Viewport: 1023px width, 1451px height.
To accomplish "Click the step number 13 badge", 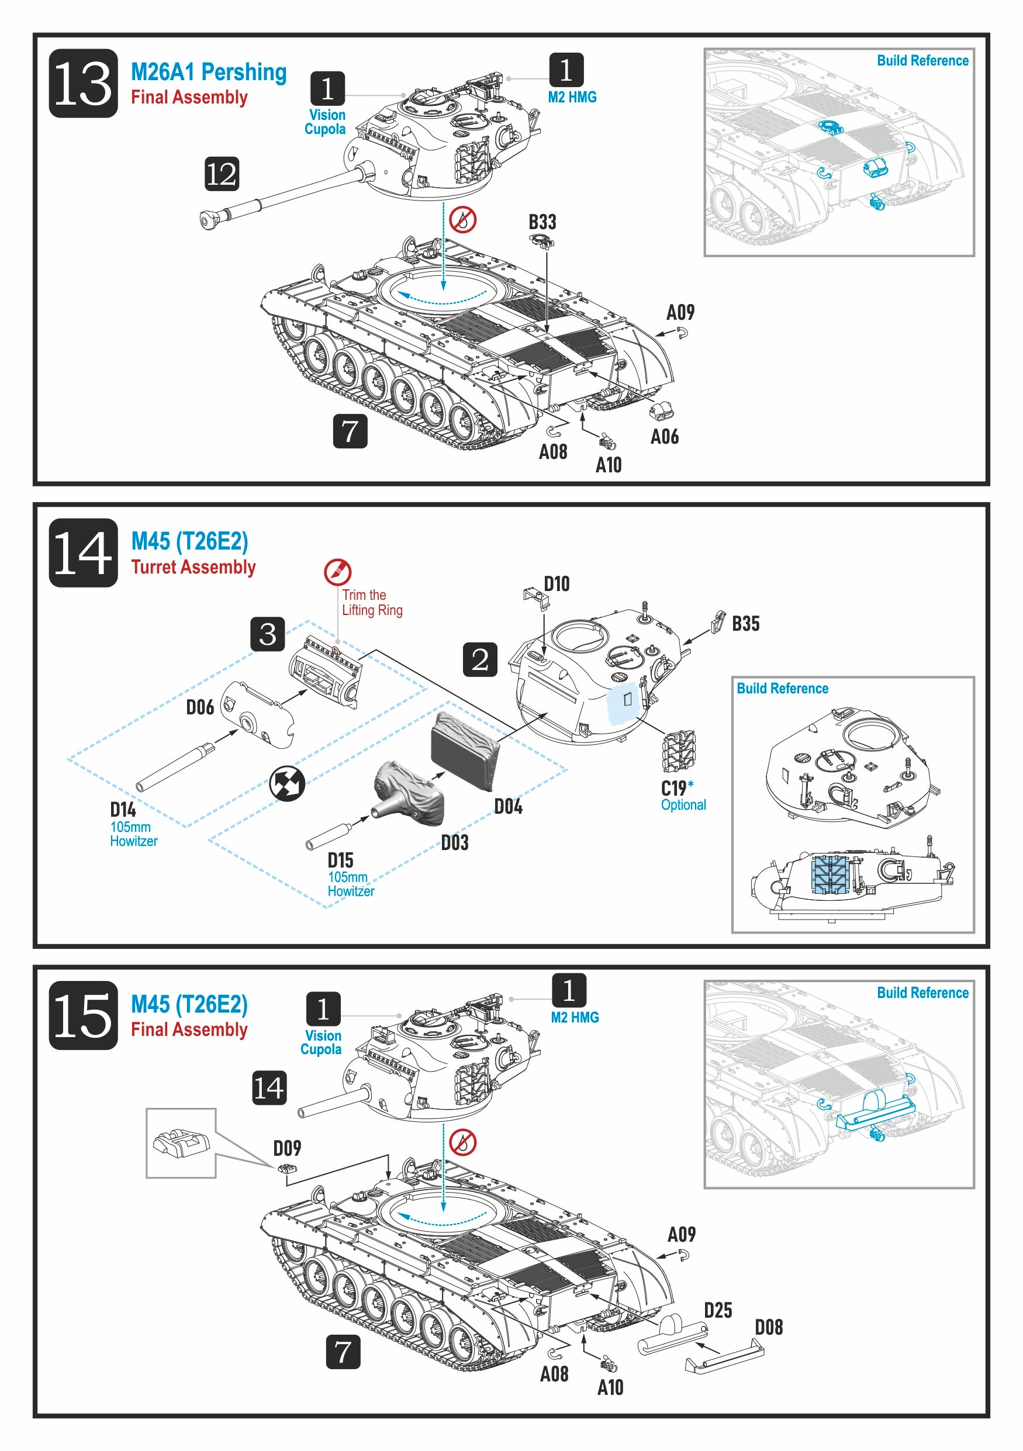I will tap(84, 84).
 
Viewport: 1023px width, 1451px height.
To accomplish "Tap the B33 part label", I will tap(542, 223).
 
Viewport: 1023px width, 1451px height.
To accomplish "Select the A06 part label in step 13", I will tap(664, 437).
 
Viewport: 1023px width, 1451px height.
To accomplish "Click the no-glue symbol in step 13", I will tap(463, 219).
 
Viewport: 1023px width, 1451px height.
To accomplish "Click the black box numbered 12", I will tap(222, 174).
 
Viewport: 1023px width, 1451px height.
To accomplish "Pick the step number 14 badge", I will tap(84, 553).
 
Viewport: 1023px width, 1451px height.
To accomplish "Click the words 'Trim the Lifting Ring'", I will tap(372, 603).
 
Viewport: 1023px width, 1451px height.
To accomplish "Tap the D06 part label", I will tap(200, 707).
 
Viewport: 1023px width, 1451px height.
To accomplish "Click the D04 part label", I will tap(508, 806).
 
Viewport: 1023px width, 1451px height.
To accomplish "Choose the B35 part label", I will tap(745, 624).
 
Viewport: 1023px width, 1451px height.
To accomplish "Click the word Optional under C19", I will tap(683, 805).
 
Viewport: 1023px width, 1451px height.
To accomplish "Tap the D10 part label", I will tap(557, 584).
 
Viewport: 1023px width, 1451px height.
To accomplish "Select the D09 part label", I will tap(287, 1148).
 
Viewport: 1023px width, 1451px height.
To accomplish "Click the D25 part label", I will tap(718, 1310).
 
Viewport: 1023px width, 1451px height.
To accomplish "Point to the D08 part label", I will tap(768, 1327).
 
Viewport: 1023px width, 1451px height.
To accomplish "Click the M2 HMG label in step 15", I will tap(575, 1017).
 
